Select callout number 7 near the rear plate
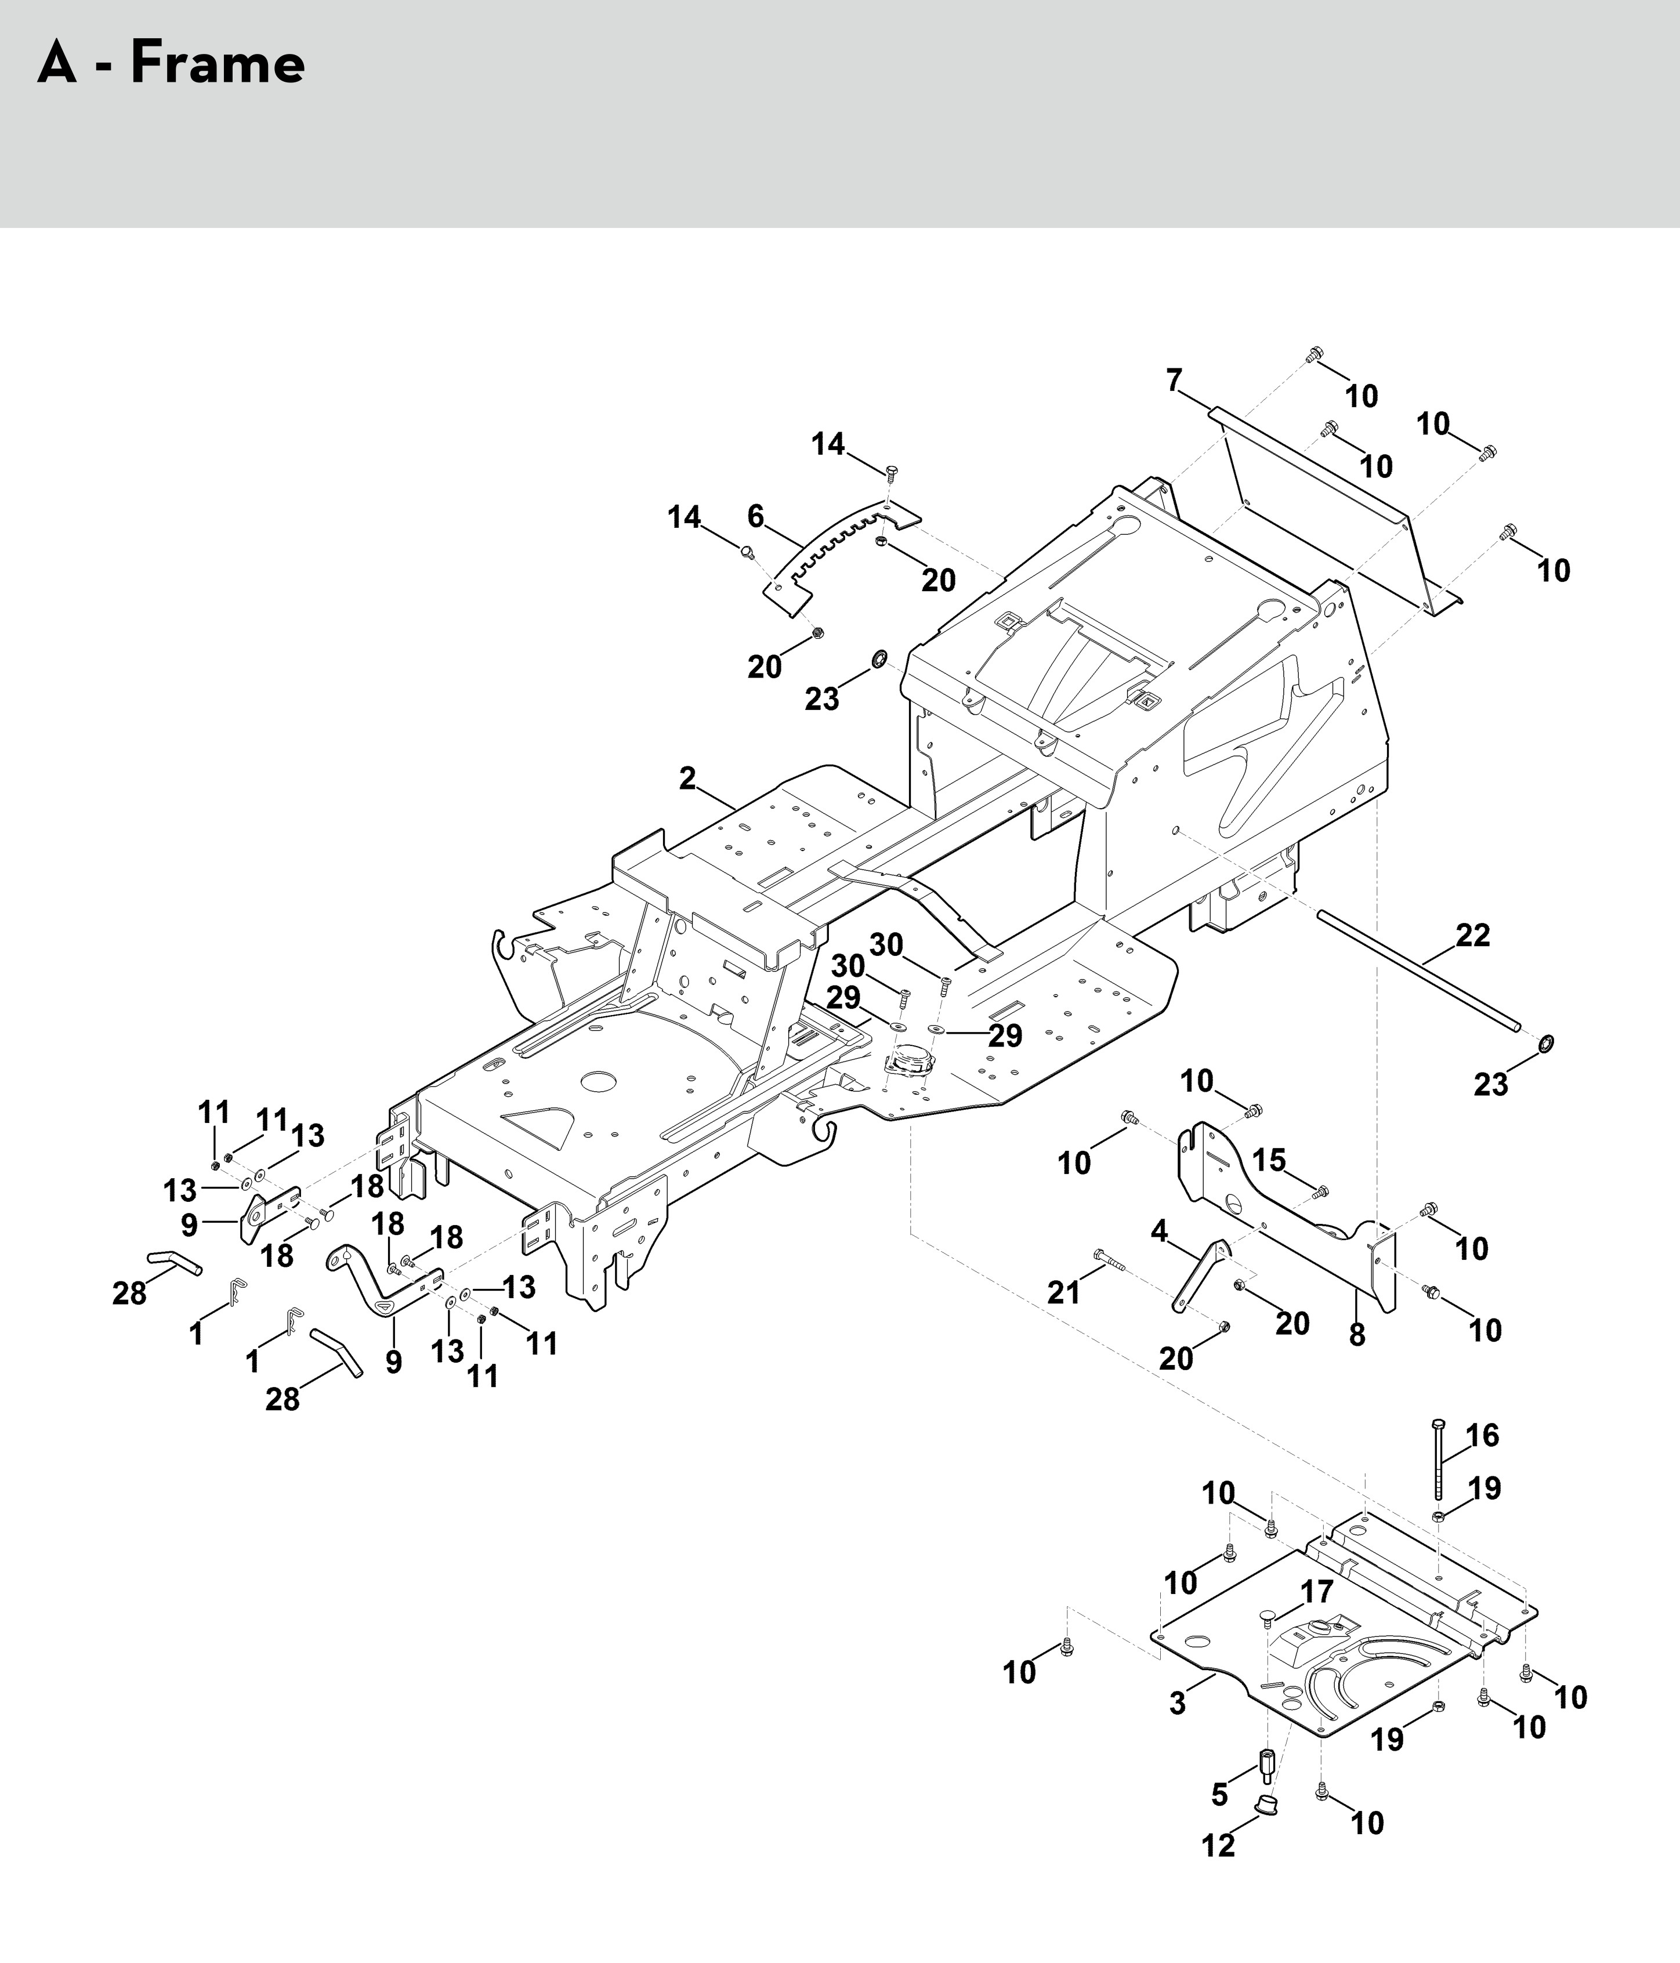click(1174, 381)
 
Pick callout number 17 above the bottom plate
click(1316, 1592)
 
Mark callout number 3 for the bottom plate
click(1177, 1704)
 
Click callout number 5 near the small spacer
click(1219, 1794)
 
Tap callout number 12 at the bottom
click(1219, 1845)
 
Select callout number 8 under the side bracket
click(1357, 1335)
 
